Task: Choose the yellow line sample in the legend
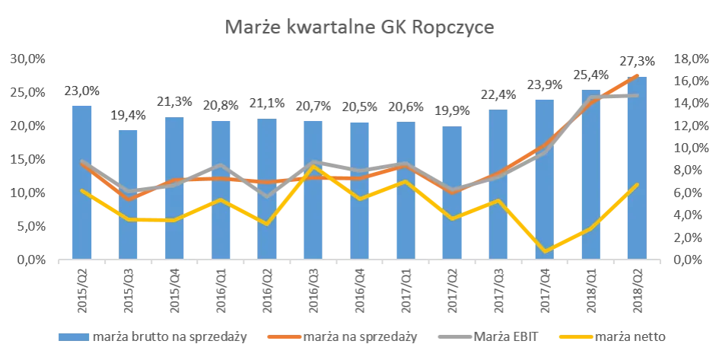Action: coord(571,334)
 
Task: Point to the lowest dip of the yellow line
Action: coord(545,250)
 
